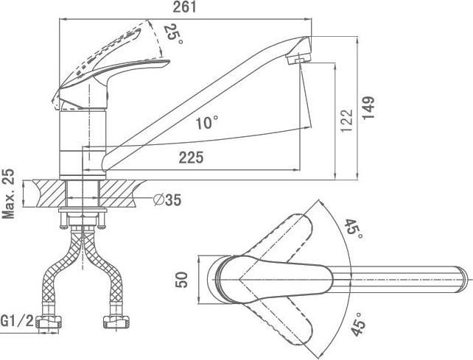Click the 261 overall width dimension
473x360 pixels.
[x=185, y=7]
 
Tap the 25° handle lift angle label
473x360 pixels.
[x=173, y=33]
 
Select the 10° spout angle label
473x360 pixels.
[x=207, y=123]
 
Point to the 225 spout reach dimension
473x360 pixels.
[x=192, y=158]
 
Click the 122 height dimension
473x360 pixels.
[x=346, y=120]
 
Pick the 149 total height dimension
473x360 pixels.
[x=368, y=108]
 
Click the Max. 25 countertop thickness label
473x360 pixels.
[x=8, y=194]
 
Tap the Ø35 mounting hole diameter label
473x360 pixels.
[x=167, y=200]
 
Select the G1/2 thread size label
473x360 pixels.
[x=17, y=321]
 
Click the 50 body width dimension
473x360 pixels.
[x=181, y=280]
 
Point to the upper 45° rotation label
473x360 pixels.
[x=354, y=228]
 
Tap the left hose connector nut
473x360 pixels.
[x=49, y=322]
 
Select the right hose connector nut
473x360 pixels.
[x=116, y=322]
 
